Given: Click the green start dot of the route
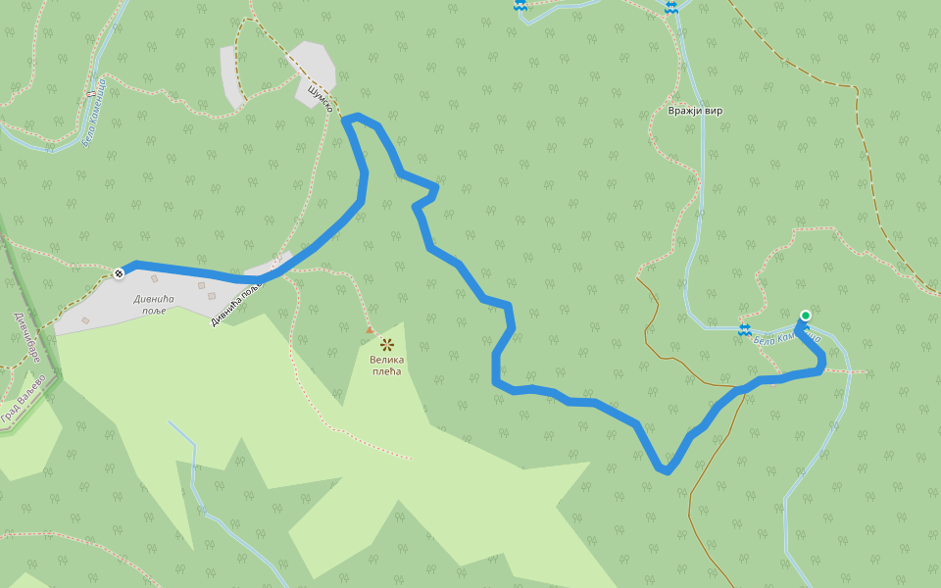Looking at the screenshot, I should (x=805, y=316).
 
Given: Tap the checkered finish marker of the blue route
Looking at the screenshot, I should (x=119, y=272).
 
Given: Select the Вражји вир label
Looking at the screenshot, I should (x=695, y=111).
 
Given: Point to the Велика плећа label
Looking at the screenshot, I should (x=386, y=366).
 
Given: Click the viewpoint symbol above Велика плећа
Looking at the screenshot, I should (x=386, y=344).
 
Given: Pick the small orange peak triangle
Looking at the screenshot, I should (x=370, y=329).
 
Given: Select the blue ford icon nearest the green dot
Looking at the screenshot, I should (x=744, y=328).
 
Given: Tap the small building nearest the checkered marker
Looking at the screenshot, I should (x=154, y=279).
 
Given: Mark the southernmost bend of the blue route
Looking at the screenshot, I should (x=667, y=470).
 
